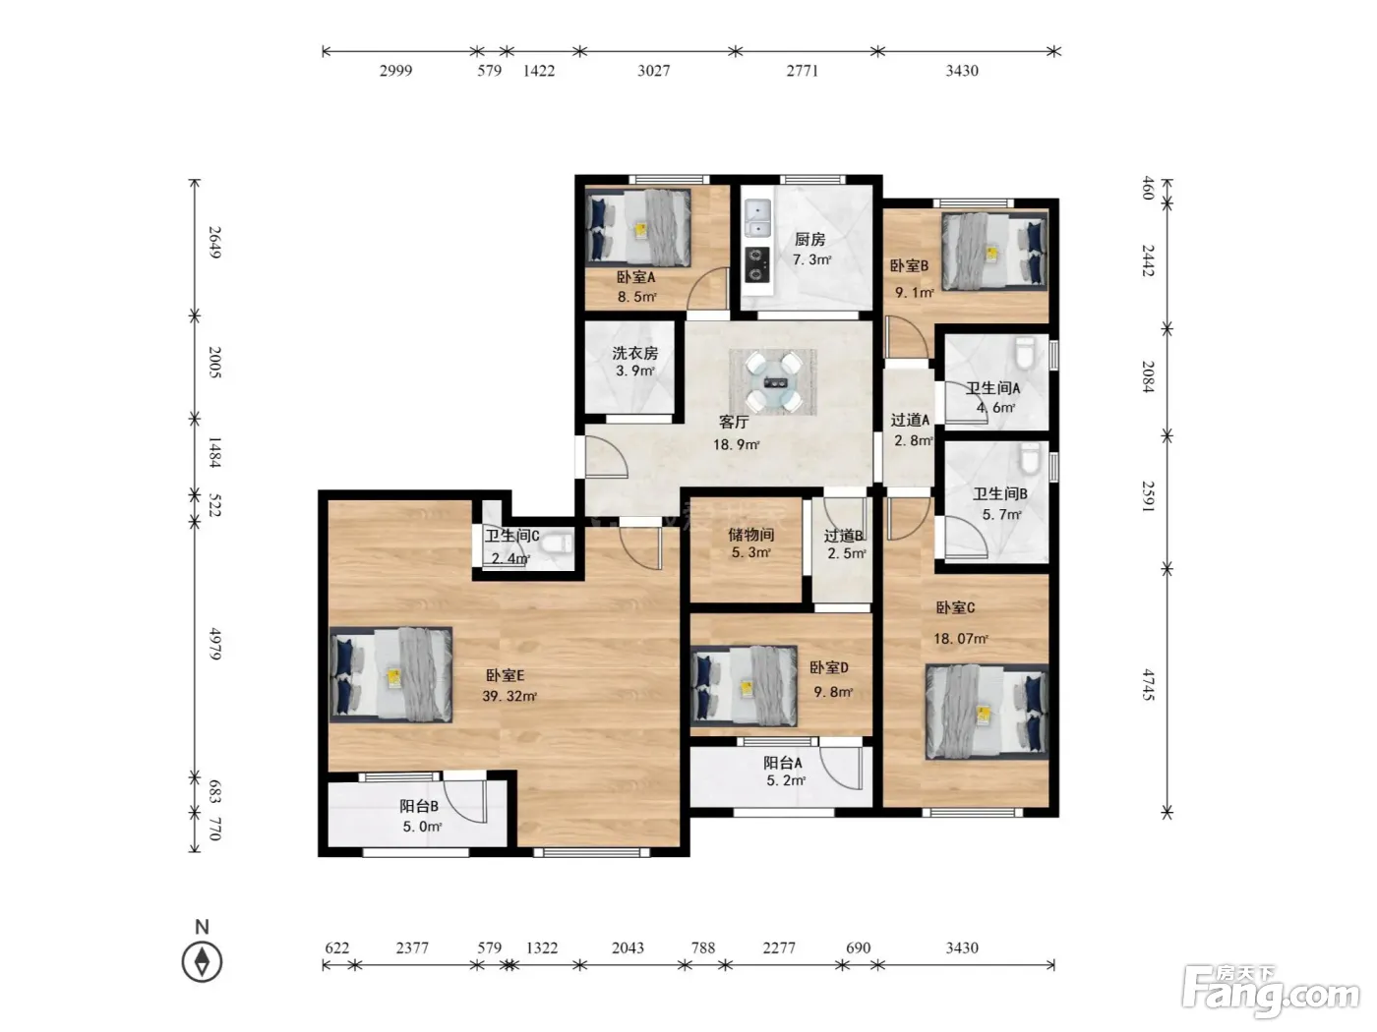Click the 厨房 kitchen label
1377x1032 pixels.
point(809,240)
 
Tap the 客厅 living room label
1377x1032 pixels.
point(734,422)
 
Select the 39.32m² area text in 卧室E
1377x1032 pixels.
point(509,696)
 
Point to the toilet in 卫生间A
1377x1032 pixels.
point(1024,354)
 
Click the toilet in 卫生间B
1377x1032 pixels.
point(1030,458)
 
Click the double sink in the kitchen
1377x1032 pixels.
point(757,218)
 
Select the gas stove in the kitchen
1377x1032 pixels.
point(757,264)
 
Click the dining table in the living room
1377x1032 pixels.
point(773,382)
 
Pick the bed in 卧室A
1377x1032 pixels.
point(638,227)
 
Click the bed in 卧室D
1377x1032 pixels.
point(744,687)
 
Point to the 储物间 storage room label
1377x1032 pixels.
point(750,535)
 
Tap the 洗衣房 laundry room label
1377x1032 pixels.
point(634,353)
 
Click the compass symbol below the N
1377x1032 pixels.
point(202,961)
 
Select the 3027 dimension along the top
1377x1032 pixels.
point(654,71)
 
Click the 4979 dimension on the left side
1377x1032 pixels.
point(214,644)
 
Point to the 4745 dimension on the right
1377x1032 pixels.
point(1148,684)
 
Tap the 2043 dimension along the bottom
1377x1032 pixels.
point(628,948)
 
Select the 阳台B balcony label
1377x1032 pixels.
point(419,806)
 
